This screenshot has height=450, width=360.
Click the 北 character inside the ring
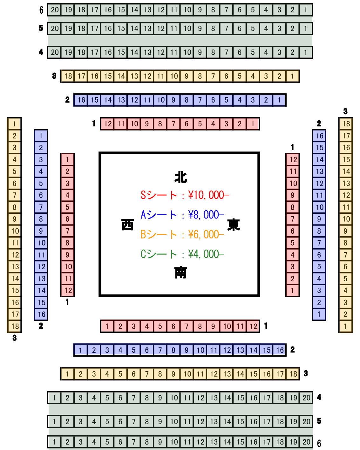click(x=180, y=177)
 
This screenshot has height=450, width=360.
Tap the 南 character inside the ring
click(x=180, y=272)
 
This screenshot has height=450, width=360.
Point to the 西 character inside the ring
click(x=128, y=225)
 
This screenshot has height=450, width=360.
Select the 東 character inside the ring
click(x=234, y=225)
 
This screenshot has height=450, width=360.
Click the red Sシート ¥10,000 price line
click(x=184, y=195)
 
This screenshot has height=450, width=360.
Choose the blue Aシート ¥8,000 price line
click(x=182, y=215)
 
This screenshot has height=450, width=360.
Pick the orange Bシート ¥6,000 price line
click(x=182, y=235)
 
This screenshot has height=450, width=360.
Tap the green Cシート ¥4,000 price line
click(x=182, y=254)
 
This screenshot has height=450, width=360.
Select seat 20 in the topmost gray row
click(x=55, y=10)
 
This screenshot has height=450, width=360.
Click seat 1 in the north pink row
click(x=253, y=124)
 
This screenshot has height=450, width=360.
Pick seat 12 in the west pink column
click(x=67, y=290)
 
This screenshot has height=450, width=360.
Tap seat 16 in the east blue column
click(x=319, y=136)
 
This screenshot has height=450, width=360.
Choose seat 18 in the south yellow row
click(x=293, y=374)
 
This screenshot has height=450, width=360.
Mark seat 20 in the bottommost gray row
click(x=306, y=442)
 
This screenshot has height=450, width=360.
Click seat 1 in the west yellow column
click(x=14, y=124)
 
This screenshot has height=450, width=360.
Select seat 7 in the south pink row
click(x=187, y=326)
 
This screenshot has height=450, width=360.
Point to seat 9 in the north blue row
click(x=173, y=100)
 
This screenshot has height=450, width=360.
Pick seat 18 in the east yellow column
click(x=346, y=124)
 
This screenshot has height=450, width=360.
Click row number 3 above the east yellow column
click(x=345, y=111)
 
